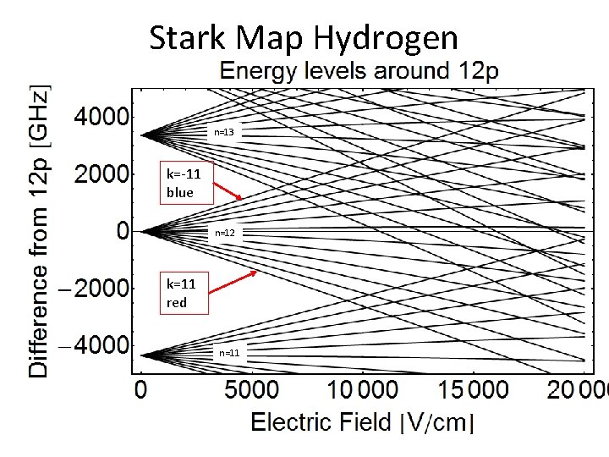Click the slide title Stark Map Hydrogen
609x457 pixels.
click(304, 38)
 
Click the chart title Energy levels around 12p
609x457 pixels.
click(359, 71)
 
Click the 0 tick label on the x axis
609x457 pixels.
click(141, 390)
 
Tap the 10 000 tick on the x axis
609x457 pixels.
click(362, 390)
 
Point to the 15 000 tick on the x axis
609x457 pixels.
click(474, 390)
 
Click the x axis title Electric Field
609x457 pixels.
click(362, 422)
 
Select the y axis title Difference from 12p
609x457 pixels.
click(39, 229)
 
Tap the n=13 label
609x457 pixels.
click(223, 133)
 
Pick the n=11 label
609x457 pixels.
click(229, 352)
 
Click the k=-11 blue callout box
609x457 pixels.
click(185, 184)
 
